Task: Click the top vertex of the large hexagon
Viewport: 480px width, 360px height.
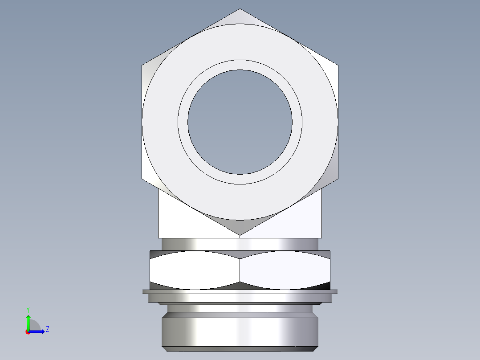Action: [x=240, y=9]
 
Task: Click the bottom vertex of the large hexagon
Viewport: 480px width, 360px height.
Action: [x=240, y=235]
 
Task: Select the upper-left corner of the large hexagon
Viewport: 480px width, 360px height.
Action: [x=142, y=65]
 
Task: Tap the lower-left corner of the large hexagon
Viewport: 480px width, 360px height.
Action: [x=142, y=179]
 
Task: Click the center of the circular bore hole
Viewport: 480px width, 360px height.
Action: [x=240, y=122]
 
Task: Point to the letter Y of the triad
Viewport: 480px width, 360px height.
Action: [x=28, y=309]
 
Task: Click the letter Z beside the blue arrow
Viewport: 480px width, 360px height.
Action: [x=47, y=330]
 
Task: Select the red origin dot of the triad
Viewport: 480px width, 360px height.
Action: [x=28, y=332]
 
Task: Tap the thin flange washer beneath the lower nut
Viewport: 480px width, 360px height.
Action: [x=240, y=292]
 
